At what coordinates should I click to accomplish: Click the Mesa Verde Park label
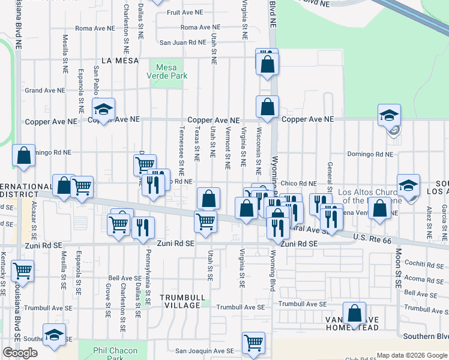click(x=167, y=71)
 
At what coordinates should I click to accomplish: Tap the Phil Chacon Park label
click(x=116, y=354)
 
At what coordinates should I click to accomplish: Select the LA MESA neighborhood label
click(x=120, y=61)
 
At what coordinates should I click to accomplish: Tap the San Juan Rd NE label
click(x=182, y=43)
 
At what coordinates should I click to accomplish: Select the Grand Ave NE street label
click(x=44, y=91)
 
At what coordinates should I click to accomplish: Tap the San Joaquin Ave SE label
click(x=204, y=351)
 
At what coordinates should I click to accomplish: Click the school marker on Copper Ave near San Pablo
click(x=103, y=109)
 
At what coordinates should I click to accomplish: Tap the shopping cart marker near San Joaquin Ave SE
click(x=253, y=343)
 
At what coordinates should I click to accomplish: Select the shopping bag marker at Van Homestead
click(x=355, y=313)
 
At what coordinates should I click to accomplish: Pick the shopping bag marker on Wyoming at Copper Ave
click(x=267, y=107)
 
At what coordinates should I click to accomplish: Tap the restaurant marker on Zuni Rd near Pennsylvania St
click(x=143, y=227)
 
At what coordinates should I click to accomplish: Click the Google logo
click(x=20, y=353)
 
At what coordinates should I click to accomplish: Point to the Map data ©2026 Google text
click(x=411, y=355)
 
